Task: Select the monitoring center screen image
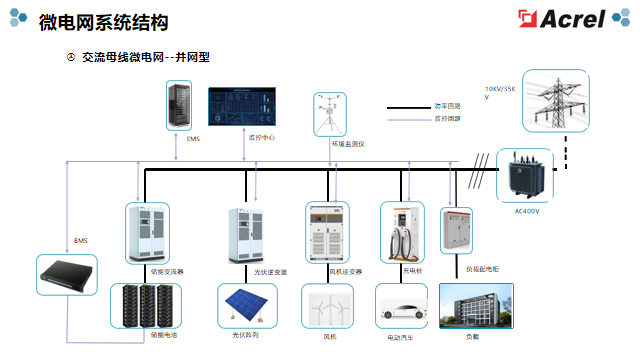[243, 108]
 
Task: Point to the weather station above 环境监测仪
[325, 115]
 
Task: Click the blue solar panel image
[247, 304]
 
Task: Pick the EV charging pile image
[401, 231]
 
